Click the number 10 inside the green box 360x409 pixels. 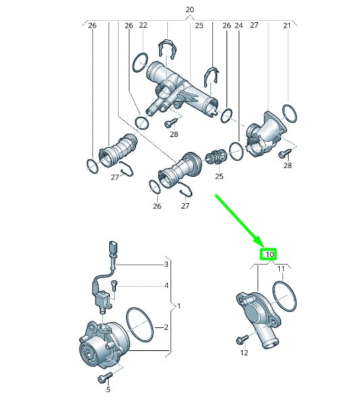(x=269, y=254)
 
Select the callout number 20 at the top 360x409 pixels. (x=189, y=9)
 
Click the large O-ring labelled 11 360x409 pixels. (x=284, y=297)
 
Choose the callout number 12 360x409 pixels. (x=243, y=352)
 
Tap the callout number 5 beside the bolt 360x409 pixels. (x=107, y=389)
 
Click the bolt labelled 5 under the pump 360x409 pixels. (x=105, y=377)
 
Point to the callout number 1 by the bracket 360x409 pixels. (x=179, y=306)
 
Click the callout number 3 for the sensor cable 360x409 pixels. (x=165, y=264)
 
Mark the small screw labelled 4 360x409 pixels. (x=115, y=285)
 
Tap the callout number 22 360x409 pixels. (x=143, y=25)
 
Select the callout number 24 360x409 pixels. (x=238, y=25)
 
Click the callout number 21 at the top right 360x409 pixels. (x=287, y=25)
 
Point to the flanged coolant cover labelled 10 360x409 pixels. (x=255, y=314)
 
